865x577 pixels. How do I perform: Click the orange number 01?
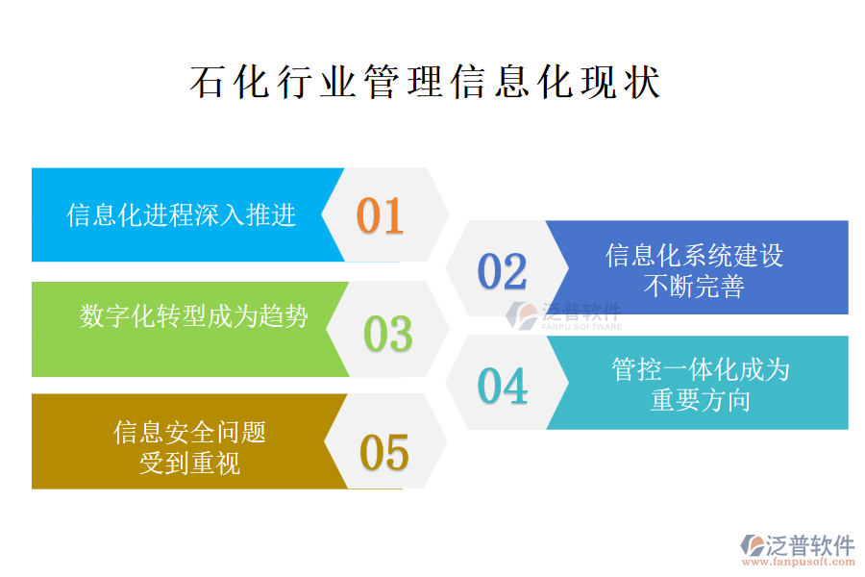click(380, 215)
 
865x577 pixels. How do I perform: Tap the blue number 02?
click(502, 271)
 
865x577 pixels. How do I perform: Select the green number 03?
click(388, 334)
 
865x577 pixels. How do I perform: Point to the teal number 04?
click(502, 386)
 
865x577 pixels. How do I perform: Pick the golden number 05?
click(383, 452)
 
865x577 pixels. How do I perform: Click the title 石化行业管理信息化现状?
click(426, 83)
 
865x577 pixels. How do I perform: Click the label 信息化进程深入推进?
click(182, 214)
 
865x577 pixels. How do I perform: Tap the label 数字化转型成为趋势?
click(193, 316)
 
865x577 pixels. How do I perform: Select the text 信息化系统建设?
click(694, 256)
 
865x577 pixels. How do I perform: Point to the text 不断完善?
click(694, 287)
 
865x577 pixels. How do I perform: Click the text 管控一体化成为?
click(701, 369)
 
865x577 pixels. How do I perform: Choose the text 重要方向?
click(701, 400)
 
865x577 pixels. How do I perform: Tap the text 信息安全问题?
click(189, 432)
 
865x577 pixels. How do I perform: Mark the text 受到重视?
click(189, 463)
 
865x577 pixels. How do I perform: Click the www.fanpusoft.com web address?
click(798, 562)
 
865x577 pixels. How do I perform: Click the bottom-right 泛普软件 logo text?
click(810, 545)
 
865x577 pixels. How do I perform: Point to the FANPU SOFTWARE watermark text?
click(581, 327)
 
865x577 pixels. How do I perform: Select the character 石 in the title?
click(208, 83)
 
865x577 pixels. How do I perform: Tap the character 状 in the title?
click(643, 83)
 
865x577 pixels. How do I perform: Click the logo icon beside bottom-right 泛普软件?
click(753, 545)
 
